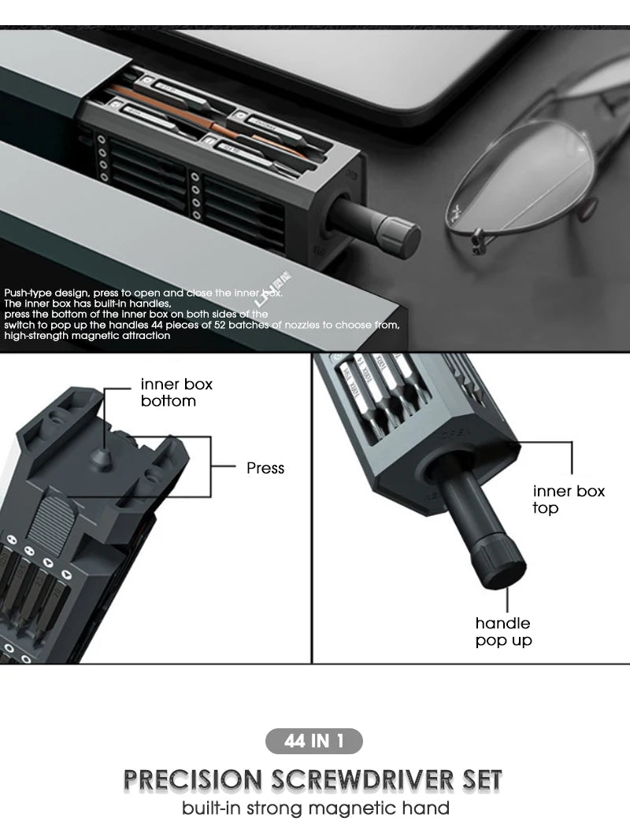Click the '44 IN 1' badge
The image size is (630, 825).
314,741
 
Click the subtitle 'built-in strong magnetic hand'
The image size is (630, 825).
315,808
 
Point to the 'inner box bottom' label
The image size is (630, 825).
176,392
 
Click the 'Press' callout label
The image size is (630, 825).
265,468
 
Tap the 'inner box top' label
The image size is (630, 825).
569,499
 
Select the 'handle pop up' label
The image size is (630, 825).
504,632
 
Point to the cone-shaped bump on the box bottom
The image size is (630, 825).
102,455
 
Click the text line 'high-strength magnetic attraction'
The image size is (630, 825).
87,336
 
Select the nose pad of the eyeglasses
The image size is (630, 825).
479,238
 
